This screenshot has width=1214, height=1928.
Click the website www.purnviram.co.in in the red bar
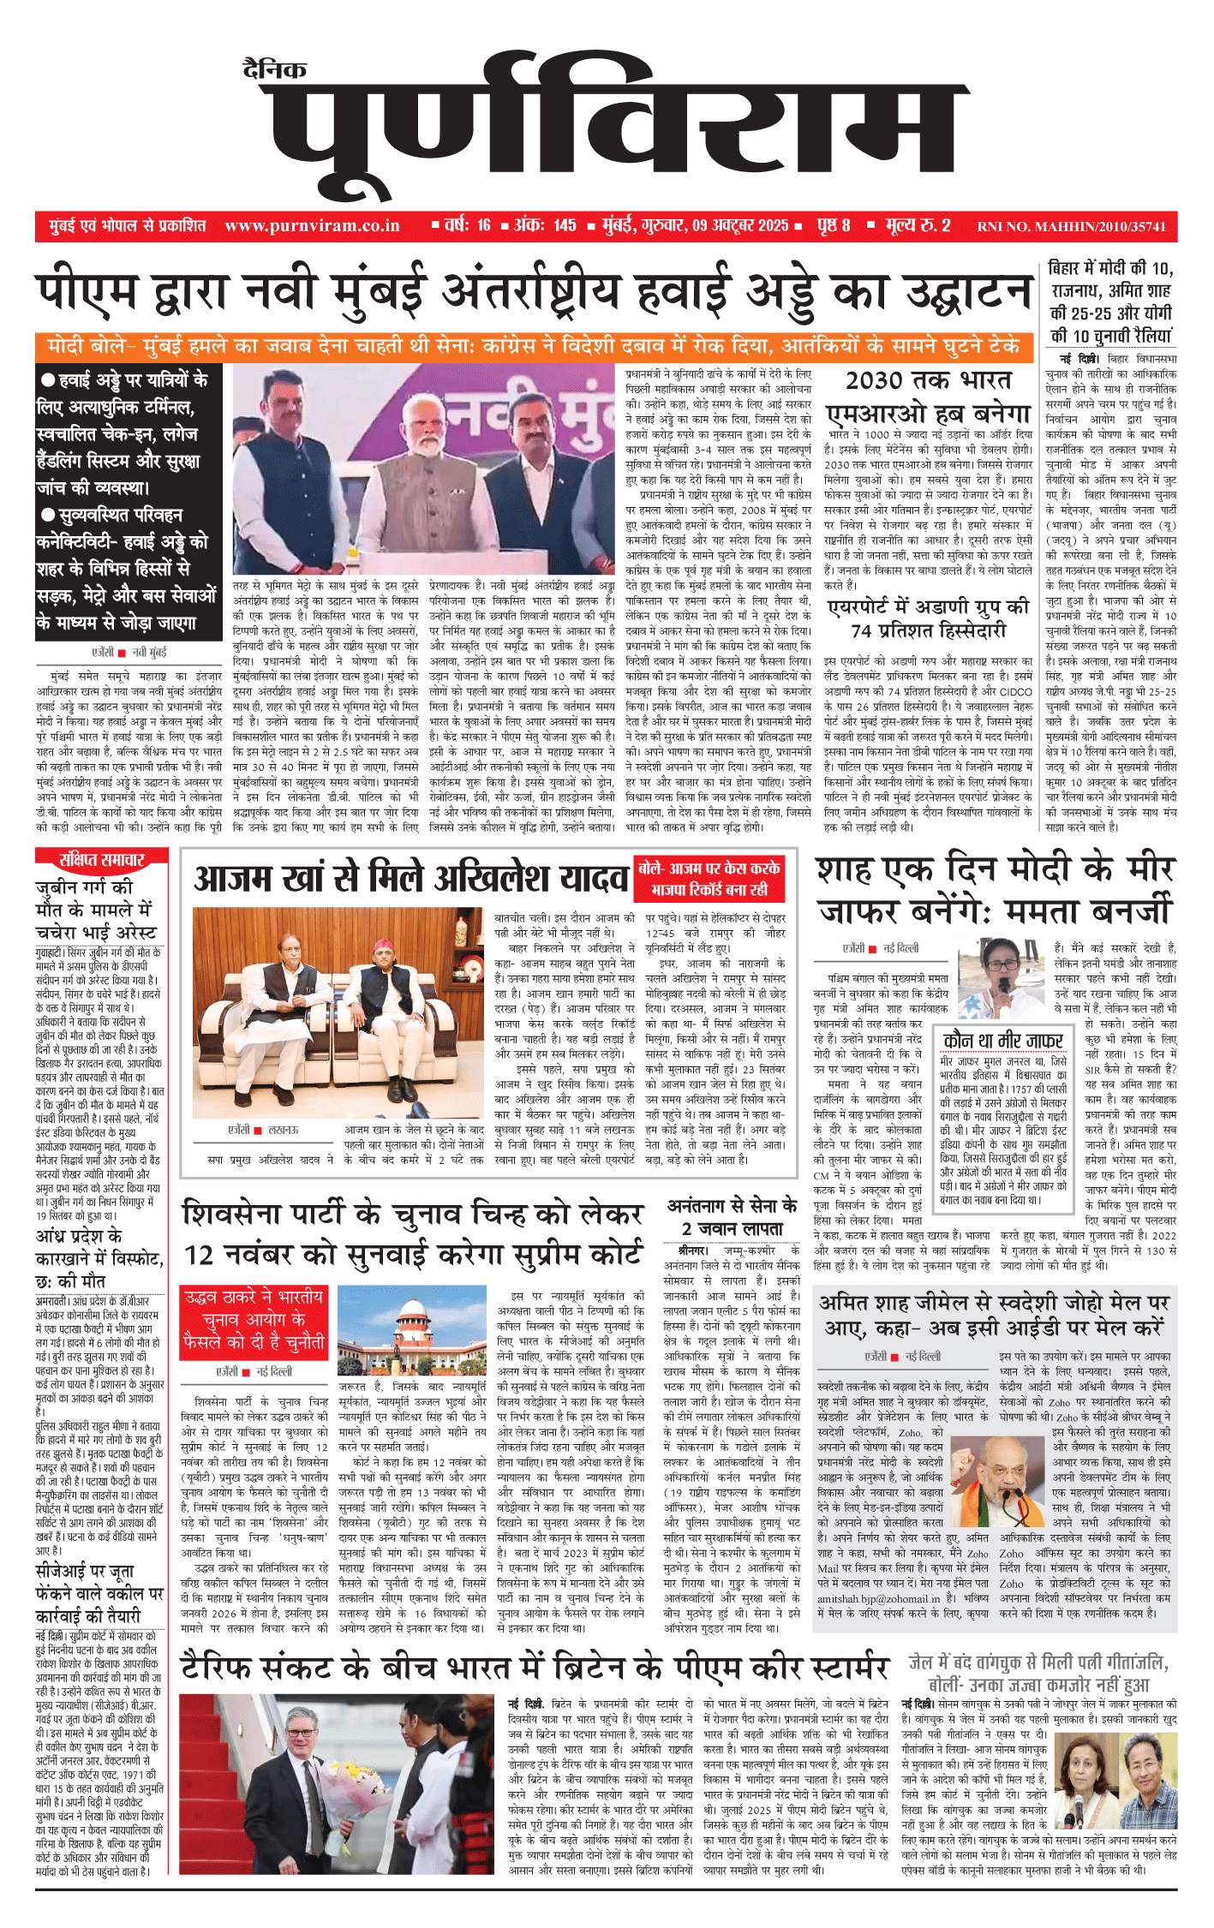point(312,226)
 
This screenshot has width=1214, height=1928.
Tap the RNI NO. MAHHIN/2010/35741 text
point(1071,227)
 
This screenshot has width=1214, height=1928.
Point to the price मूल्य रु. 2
point(918,226)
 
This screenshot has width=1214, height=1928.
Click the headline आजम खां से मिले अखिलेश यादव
point(411,879)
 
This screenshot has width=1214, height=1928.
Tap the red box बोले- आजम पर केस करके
point(709,878)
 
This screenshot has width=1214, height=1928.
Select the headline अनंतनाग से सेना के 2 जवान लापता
point(732,1217)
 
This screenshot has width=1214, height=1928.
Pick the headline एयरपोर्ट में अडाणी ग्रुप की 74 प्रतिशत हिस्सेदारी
point(928,618)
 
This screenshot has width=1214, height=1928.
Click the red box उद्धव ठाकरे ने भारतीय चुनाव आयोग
point(254,1323)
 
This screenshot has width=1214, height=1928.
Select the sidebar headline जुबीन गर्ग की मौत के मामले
point(96,909)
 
